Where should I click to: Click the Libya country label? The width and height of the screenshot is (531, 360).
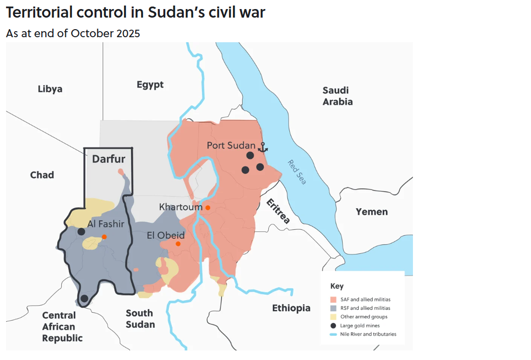point(50,89)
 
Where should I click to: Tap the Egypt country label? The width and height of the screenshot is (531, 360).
point(150,84)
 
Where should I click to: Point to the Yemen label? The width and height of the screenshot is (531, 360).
point(372,212)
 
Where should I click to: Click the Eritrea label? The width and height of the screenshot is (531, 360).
point(278,212)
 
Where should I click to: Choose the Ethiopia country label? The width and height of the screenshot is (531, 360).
point(291,308)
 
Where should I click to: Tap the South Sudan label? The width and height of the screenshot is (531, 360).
point(140,319)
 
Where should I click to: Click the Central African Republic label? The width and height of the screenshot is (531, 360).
point(62,327)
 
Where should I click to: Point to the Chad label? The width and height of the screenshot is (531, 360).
point(42,175)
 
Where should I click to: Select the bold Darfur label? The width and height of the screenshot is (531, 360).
point(109,159)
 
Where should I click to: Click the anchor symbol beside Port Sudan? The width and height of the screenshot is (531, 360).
point(263,147)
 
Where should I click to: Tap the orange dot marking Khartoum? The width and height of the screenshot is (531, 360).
point(207,207)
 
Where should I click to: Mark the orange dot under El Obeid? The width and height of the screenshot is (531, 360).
point(178,244)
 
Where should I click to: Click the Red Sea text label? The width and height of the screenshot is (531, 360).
point(296,172)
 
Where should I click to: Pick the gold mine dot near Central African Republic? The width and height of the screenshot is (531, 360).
point(84,298)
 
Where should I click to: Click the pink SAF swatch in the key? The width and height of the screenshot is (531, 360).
point(333,299)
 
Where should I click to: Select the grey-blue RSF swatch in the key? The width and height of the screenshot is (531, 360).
point(333,308)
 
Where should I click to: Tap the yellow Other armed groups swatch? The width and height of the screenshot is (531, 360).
point(333,317)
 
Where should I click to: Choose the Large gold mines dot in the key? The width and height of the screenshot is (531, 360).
point(333,325)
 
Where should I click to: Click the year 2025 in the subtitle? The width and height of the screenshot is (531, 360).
point(128,34)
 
